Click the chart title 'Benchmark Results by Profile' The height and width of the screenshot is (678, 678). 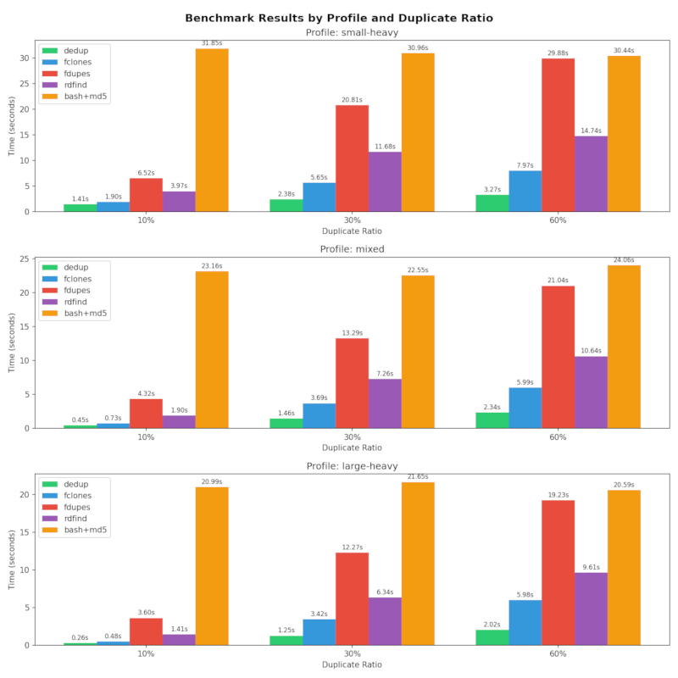coord(339,18)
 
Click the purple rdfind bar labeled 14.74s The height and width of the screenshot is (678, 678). coord(591,174)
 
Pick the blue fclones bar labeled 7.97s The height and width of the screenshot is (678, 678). coord(525,191)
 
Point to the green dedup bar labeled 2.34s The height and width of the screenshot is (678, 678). coord(492,420)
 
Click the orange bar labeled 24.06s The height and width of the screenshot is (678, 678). coord(624,347)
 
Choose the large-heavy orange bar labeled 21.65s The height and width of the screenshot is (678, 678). coord(418,564)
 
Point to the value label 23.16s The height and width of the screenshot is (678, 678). coord(212,265)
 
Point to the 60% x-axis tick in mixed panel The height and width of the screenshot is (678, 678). coord(558,437)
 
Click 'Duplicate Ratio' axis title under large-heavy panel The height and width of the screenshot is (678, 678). coord(352,665)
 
